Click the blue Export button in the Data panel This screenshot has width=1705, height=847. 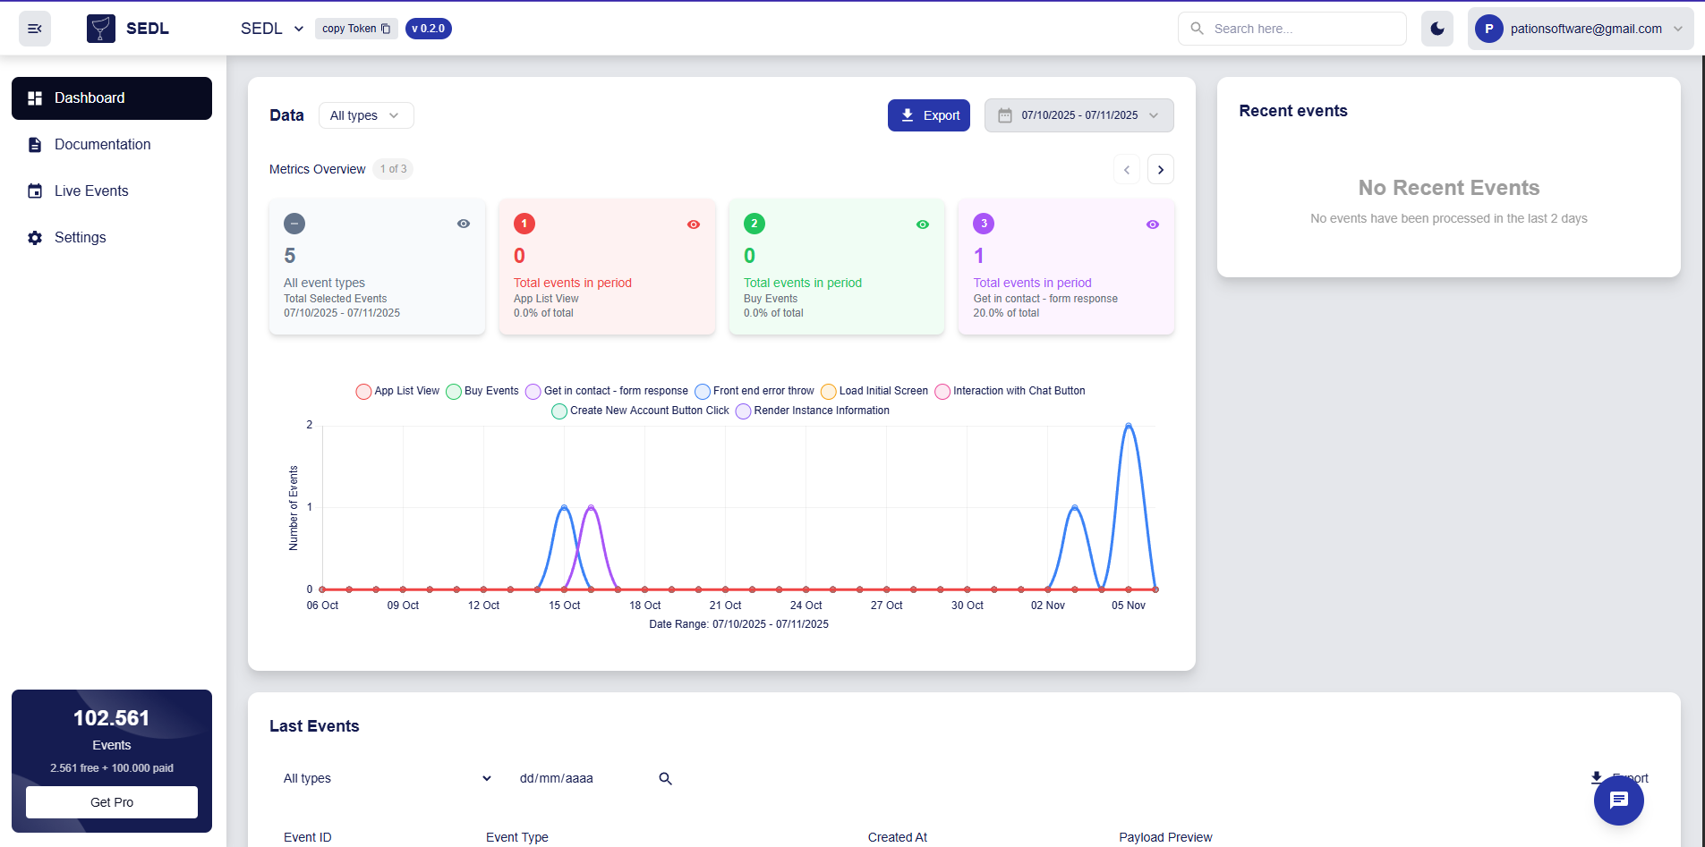point(928,115)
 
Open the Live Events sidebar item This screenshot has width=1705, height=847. point(91,191)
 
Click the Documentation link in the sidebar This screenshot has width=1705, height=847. point(102,144)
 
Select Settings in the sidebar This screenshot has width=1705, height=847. point(80,237)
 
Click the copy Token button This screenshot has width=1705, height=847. point(356,29)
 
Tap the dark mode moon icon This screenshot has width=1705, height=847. point(1436,29)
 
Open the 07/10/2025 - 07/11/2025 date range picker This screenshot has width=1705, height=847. point(1078,115)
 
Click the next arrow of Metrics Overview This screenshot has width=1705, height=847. point(1160,169)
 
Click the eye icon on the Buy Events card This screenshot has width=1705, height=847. point(922,224)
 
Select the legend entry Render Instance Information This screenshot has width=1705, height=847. point(813,411)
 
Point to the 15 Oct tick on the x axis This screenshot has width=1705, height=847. point(564,606)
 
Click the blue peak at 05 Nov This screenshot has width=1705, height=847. point(1129,426)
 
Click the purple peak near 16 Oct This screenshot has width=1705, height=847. point(591,507)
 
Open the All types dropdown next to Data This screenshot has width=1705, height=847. point(365,115)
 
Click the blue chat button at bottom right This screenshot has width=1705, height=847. point(1618,800)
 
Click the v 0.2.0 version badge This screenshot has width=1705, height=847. point(428,29)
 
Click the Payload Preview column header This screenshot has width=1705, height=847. point(1164,837)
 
